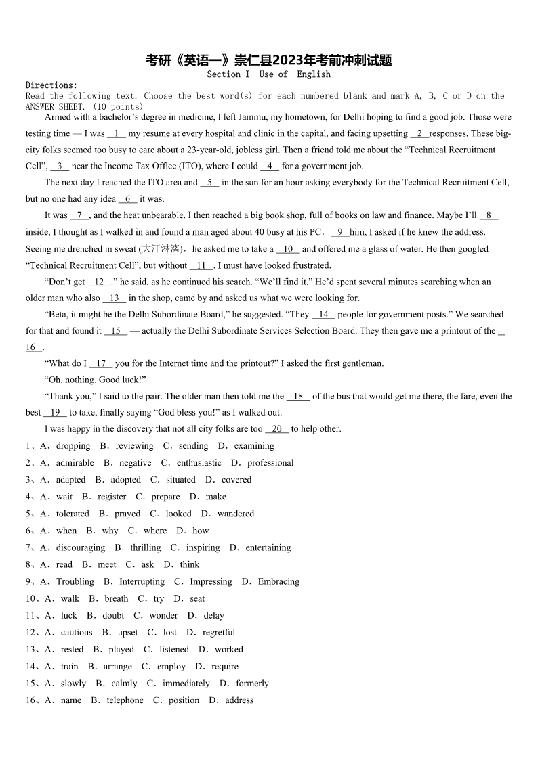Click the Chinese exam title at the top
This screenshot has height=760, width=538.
[x=269, y=60]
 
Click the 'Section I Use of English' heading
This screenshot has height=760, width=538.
[x=269, y=74]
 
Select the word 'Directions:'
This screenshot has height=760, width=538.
[x=51, y=85]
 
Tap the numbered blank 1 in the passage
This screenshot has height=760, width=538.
[x=117, y=133]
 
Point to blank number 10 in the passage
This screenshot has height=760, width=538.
[x=288, y=249]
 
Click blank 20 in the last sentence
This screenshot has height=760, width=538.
[x=276, y=429]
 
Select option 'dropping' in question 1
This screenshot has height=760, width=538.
[x=73, y=446]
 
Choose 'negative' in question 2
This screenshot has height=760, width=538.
[x=136, y=463]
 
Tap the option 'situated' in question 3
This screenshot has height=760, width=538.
[x=181, y=480]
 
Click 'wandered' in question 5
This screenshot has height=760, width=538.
[x=236, y=514]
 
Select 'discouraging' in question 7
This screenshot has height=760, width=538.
[x=81, y=547]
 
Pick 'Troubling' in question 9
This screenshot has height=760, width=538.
[x=75, y=581]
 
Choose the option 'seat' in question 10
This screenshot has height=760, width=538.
[x=197, y=598]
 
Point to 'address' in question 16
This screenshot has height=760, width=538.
[x=239, y=700]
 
